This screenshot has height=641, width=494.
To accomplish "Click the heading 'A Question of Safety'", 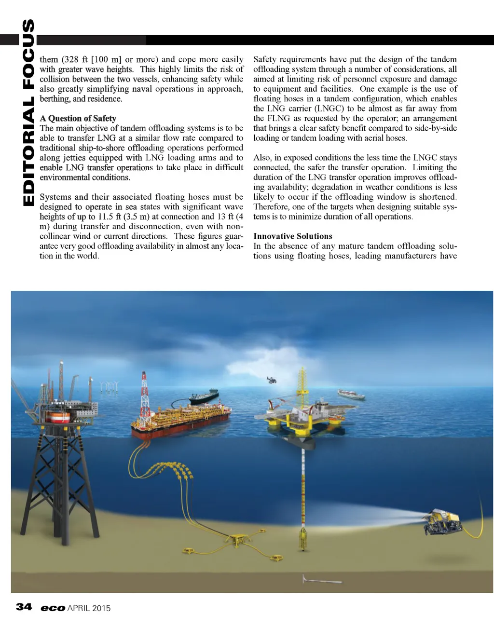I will (78, 118).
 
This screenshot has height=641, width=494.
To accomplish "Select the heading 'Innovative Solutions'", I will (292, 236).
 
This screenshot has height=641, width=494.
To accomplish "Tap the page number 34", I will (24, 607).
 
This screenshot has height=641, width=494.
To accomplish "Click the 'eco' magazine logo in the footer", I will (53, 608).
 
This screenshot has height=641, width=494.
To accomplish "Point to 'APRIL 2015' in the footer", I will (89, 608).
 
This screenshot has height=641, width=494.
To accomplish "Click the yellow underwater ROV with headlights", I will (441, 521).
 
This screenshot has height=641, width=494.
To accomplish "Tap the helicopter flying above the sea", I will (272, 380).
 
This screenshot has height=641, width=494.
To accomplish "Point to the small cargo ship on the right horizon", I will (351, 395).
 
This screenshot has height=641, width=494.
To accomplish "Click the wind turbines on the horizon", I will (108, 386).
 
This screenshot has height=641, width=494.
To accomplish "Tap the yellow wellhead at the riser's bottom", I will (303, 536).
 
